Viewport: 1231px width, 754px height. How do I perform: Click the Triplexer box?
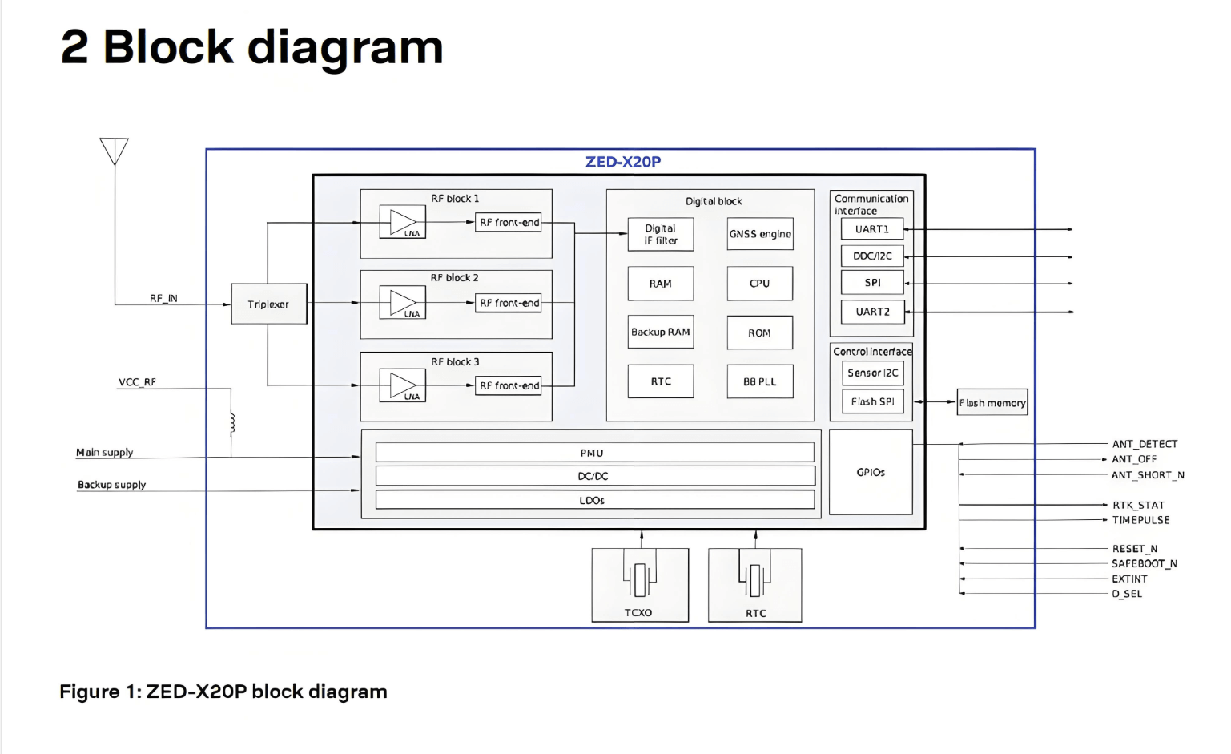(268, 304)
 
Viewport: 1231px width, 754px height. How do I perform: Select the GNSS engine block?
(759, 234)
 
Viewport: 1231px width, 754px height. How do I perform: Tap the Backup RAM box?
(660, 332)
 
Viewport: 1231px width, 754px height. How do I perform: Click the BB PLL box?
(759, 381)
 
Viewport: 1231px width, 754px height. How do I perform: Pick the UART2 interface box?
(872, 312)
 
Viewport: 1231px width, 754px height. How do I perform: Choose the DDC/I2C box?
(872, 256)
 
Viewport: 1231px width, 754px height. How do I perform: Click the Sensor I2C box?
(872, 373)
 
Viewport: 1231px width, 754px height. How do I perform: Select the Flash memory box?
(992, 403)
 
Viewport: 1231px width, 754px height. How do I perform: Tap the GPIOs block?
(871, 472)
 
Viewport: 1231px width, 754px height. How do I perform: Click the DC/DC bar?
(594, 476)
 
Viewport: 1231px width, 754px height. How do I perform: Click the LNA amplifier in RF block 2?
(403, 304)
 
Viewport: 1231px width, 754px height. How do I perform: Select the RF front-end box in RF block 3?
(509, 385)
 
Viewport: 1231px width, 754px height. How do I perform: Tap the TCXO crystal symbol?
(639, 579)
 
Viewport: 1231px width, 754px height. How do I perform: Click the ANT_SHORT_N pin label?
(1147, 475)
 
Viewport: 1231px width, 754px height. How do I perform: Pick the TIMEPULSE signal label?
(1140, 520)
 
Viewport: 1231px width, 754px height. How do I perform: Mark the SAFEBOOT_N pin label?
(1144, 563)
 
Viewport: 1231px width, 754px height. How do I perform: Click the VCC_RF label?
(137, 382)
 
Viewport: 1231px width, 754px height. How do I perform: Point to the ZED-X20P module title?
(622, 162)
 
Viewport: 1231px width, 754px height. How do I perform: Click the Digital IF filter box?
(660, 234)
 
